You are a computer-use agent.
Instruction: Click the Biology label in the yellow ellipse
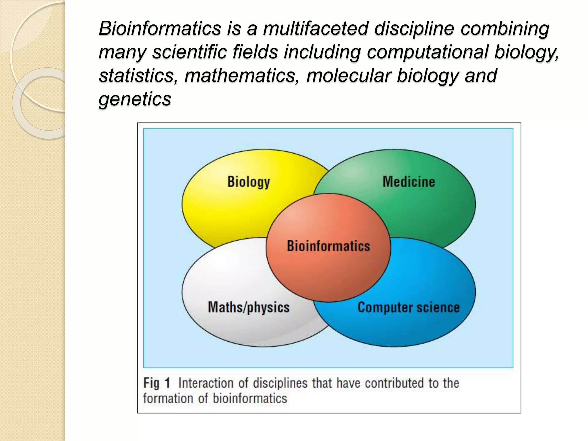[249, 182]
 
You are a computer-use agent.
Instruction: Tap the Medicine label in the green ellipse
[409, 182]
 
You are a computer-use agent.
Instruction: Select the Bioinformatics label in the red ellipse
[328, 246]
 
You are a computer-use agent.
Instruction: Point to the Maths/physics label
[249, 307]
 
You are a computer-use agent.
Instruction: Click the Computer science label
[409, 307]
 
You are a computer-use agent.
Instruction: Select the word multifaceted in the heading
[316, 28]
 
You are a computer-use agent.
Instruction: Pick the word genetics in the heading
[135, 99]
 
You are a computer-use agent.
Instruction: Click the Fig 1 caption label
[157, 383]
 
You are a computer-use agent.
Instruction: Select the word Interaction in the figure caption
[206, 383]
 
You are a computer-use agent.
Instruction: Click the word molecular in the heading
[348, 76]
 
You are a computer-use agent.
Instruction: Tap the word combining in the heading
[505, 28]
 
